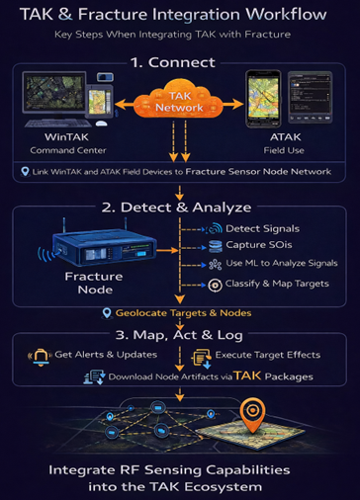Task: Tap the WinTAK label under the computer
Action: click(x=66, y=137)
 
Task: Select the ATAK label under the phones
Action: click(x=286, y=137)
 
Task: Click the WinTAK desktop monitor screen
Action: click(x=54, y=93)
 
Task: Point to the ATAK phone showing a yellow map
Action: click(x=263, y=98)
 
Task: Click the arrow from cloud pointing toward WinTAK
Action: click(x=125, y=105)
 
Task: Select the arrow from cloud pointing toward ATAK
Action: click(x=233, y=105)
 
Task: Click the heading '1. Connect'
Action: click(x=173, y=62)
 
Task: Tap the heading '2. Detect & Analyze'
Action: click(x=176, y=208)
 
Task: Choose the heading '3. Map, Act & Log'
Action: click(x=179, y=335)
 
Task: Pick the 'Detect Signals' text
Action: click(x=263, y=228)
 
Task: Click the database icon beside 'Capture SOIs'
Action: click(x=215, y=246)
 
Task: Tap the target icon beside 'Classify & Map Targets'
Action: click(x=215, y=285)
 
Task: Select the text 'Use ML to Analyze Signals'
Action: click(x=282, y=263)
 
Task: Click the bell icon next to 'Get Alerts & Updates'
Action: click(x=41, y=357)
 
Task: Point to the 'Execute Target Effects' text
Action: click(x=268, y=355)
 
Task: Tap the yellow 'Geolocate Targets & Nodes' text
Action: click(x=183, y=313)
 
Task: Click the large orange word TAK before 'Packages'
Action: click(x=247, y=375)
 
